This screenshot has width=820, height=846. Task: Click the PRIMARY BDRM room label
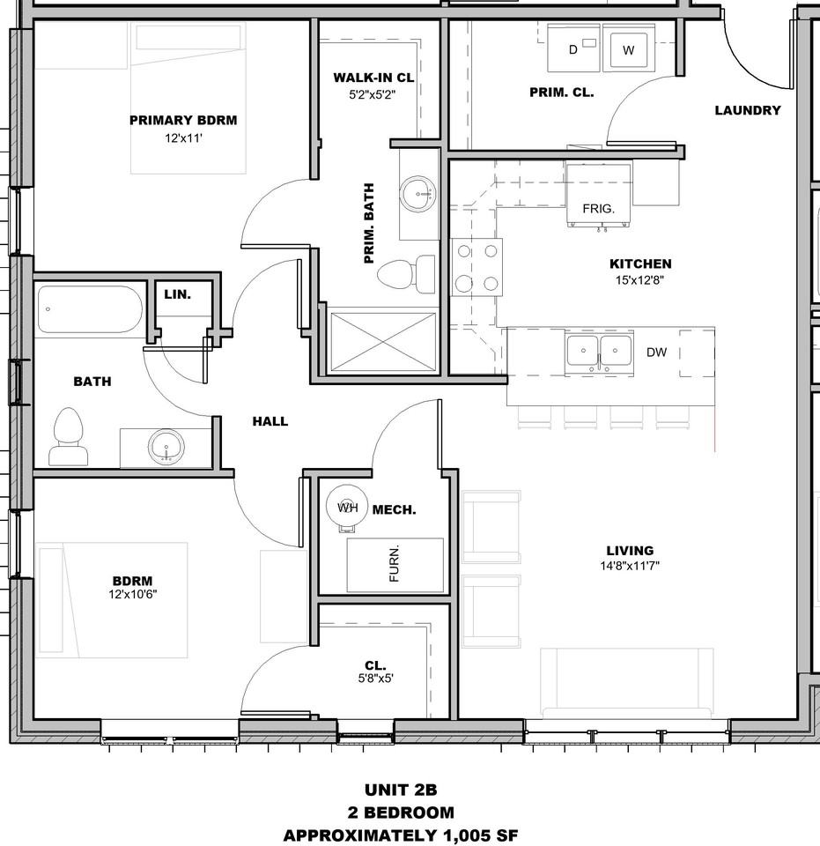[183, 121]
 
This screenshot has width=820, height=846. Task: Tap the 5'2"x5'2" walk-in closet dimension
[372, 95]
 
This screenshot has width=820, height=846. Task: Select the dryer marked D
[573, 48]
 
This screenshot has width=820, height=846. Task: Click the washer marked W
[628, 48]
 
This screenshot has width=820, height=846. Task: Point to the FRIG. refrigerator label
[598, 208]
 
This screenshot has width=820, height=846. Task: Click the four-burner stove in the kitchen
[477, 267]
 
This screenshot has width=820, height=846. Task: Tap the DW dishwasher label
[657, 352]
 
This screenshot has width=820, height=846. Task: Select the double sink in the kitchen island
[599, 352]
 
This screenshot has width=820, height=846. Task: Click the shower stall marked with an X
[383, 342]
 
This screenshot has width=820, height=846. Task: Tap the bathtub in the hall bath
[90, 309]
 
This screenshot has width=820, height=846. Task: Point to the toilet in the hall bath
[69, 437]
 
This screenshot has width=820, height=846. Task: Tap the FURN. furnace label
[394, 564]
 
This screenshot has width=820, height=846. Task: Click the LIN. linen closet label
[177, 294]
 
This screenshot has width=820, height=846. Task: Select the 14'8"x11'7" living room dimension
[630, 566]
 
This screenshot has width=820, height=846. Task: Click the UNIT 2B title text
[401, 790]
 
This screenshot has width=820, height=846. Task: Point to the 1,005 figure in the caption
[466, 835]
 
